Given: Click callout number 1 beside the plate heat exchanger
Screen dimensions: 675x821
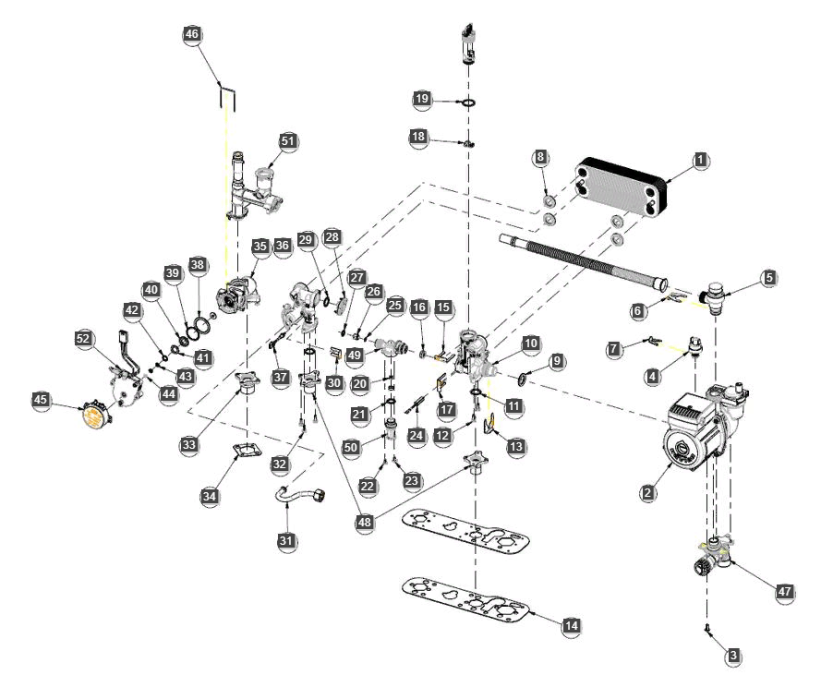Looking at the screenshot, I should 701,159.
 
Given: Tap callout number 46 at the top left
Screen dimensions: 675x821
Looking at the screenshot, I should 192,34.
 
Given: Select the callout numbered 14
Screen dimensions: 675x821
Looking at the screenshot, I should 572,626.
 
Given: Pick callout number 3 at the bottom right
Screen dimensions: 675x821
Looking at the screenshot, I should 733,656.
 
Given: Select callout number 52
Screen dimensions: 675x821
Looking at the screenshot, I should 85,339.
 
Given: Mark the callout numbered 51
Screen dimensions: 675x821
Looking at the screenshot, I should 289,140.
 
